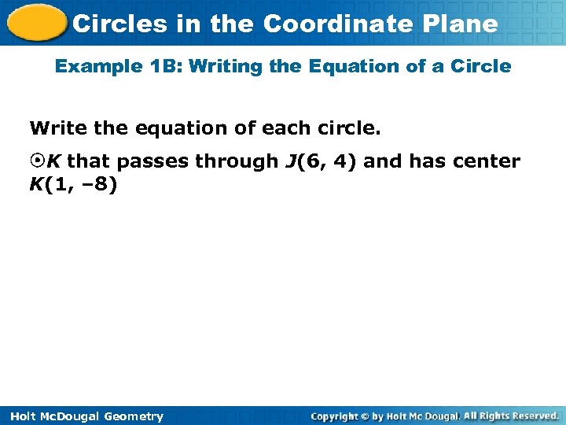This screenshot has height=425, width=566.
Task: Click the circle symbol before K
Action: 37,162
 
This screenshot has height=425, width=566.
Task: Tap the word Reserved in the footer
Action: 532,416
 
